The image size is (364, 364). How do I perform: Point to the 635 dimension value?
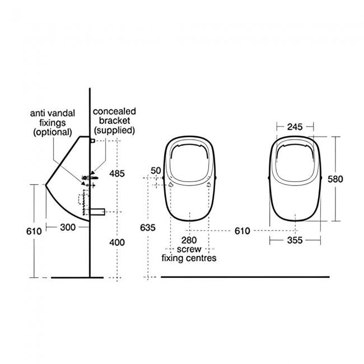coord(147,227)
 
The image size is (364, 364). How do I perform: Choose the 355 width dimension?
coord(295,240)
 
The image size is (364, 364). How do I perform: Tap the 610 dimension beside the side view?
coord(34,231)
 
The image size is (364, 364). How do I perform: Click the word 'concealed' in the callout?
coord(114,112)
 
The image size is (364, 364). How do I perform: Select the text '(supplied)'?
coord(114,130)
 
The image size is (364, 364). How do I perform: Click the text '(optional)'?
coord(53,132)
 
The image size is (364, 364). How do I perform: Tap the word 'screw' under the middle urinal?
coord(189,249)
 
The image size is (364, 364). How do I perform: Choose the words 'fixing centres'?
coord(189,258)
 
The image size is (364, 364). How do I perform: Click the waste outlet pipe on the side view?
coord(97,212)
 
